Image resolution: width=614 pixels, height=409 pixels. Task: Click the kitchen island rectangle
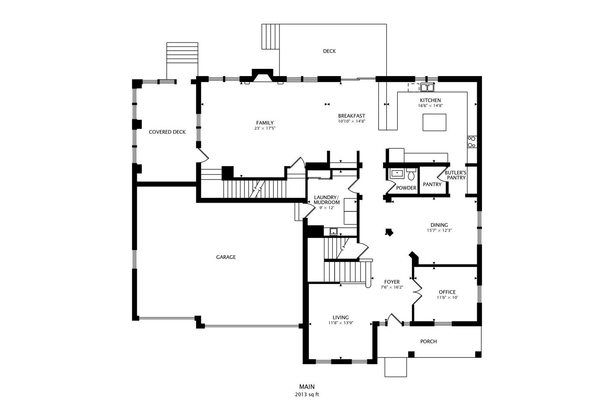tap(434, 122)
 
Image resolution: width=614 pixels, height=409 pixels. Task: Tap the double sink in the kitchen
tap(427, 88)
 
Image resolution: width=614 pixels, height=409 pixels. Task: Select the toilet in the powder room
tap(411, 175)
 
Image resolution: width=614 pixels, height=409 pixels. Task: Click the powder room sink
tap(397, 173)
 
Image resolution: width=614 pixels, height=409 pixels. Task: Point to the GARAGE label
tap(226, 257)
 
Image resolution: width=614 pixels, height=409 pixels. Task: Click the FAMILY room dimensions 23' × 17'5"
tap(265, 128)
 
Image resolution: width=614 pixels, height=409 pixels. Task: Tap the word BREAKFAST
tap(351, 116)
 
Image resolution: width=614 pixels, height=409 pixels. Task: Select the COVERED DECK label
tap(167, 132)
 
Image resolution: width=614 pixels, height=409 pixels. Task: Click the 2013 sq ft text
tap(307, 394)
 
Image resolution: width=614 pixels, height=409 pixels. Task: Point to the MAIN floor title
tap(307, 387)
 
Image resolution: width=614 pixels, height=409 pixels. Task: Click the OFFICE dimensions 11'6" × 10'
tap(447, 298)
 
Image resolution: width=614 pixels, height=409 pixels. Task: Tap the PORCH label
tap(428, 342)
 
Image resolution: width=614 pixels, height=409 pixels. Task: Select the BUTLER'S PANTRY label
tap(455, 175)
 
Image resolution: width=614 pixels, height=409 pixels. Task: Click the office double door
tap(417, 291)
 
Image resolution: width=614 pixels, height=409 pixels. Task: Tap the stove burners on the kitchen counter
tap(472, 142)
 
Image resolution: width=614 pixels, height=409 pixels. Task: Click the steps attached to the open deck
tap(271, 36)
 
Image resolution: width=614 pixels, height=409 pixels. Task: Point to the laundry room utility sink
tap(334, 231)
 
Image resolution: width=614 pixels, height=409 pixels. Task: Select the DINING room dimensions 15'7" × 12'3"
tap(439, 230)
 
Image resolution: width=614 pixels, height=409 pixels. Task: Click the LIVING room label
tap(341, 317)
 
